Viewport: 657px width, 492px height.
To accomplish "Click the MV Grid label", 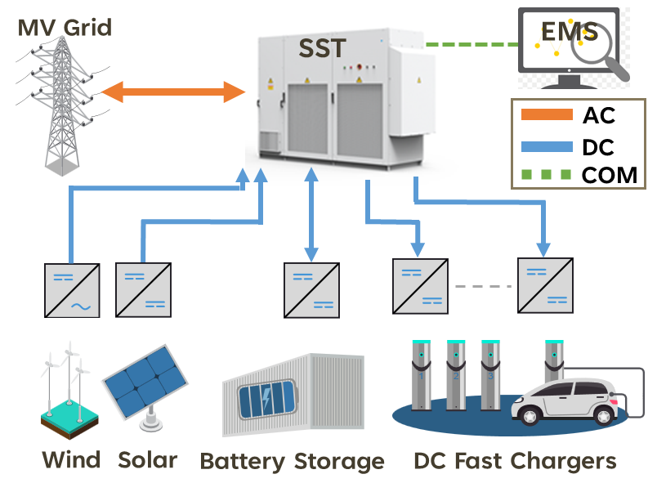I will click(x=65, y=29).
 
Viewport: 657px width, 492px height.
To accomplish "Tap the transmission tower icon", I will click(x=61, y=106).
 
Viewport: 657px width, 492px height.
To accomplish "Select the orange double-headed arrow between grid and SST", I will click(x=172, y=91).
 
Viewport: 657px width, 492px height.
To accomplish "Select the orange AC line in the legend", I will click(x=547, y=115).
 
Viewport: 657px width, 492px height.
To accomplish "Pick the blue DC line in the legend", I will click(x=547, y=147).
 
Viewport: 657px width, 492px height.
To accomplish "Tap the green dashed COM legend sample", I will click(x=547, y=175).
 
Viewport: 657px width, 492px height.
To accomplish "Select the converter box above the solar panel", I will click(x=143, y=290).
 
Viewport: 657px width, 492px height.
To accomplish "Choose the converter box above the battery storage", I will click(x=311, y=290).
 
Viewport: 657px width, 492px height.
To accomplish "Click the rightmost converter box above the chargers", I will click(x=545, y=285).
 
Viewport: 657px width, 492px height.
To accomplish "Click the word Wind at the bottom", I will click(x=70, y=460).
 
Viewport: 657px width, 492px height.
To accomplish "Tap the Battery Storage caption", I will click(x=292, y=461).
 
